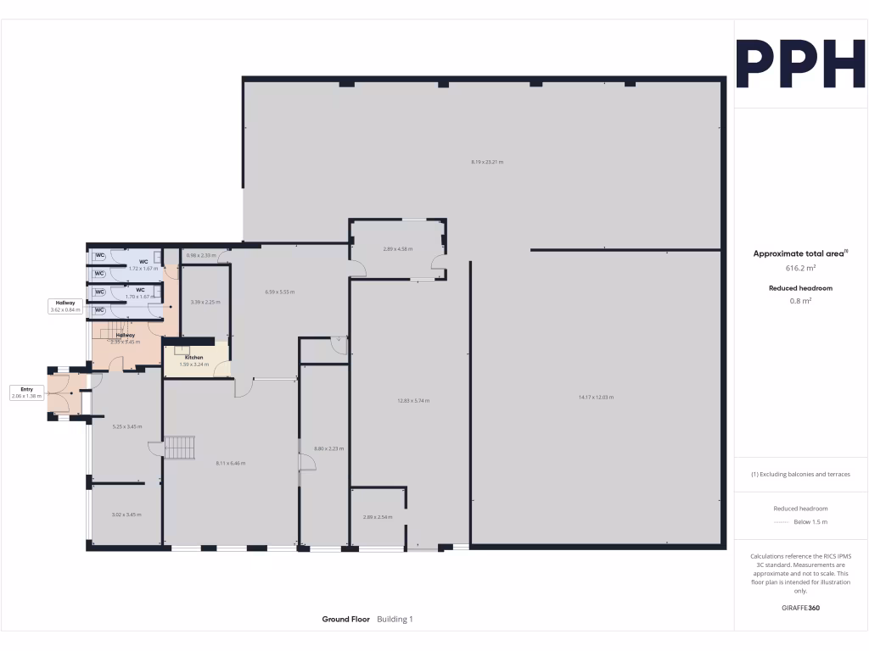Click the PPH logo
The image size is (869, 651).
click(799, 64)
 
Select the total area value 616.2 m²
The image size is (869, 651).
click(799, 268)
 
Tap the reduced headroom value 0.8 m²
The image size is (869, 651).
click(799, 300)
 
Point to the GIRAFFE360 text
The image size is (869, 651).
click(799, 608)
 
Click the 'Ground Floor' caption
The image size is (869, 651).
click(345, 620)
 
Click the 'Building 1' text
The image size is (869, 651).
click(395, 620)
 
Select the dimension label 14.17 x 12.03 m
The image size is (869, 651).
click(596, 397)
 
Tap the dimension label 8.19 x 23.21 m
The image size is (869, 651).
click(487, 161)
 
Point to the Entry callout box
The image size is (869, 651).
click(26, 392)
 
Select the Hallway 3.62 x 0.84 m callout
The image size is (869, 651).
click(65, 306)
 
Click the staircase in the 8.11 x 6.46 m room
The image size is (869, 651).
click(179, 448)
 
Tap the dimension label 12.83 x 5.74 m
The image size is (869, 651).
click(414, 400)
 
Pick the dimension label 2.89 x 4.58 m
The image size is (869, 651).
click(397, 249)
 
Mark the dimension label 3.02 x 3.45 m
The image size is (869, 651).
click(126, 515)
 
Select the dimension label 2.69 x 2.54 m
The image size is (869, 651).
click(378, 516)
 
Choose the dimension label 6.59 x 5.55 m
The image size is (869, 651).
click(279, 292)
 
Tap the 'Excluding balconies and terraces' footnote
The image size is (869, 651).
click(799, 474)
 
